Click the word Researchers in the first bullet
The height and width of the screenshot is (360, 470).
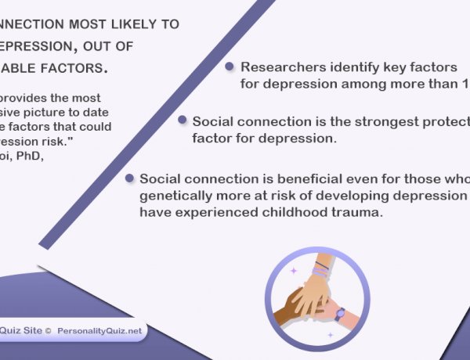tap(277, 68)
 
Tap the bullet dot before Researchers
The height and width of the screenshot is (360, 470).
tap(230, 67)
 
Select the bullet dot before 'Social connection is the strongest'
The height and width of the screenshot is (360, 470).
tap(182, 121)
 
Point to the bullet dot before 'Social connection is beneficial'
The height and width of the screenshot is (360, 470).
tap(129, 178)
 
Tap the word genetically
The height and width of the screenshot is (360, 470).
tap(174, 196)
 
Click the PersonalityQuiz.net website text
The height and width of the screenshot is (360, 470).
tap(99, 331)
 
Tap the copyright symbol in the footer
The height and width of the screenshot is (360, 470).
tap(48, 331)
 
